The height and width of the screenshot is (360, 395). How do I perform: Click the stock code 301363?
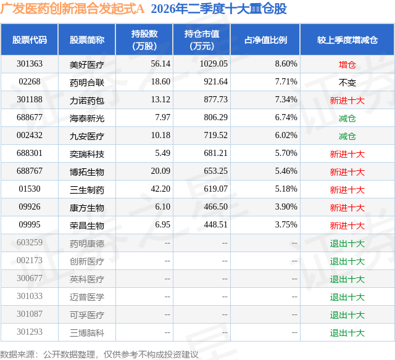click(x=30, y=63)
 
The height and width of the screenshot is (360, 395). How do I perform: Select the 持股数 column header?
click(x=144, y=39)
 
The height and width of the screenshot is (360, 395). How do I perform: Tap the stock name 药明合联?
click(x=87, y=82)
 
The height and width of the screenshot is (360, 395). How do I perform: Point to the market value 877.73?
click(x=215, y=99)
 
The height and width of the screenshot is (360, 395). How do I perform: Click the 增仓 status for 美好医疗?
click(x=347, y=65)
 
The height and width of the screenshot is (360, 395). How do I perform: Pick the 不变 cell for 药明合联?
click(x=347, y=83)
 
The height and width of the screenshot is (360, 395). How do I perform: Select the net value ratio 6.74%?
click(x=286, y=117)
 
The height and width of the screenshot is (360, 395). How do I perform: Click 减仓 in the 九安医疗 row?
click(x=347, y=136)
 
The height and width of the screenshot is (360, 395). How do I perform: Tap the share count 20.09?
click(x=160, y=171)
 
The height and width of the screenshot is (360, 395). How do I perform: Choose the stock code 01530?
click(x=30, y=189)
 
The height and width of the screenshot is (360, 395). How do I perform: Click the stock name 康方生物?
click(x=87, y=208)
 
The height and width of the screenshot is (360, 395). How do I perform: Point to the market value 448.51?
click(x=215, y=224)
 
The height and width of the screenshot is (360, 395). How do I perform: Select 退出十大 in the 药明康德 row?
click(x=347, y=243)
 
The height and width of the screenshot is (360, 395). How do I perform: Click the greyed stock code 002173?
click(x=30, y=260)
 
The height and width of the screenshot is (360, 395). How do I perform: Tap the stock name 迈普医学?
click(x=87, y=297)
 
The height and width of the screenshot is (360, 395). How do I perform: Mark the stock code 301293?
click(x=30, y=332)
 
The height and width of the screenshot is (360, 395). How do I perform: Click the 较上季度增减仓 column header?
click(x=347, y=39)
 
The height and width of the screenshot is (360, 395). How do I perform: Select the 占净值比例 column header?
click(x=265, y=39)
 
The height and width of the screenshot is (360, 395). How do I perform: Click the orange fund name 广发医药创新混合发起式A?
click(x=72, y=9)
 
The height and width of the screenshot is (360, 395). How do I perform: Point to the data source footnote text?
click(x=99, y=354)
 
